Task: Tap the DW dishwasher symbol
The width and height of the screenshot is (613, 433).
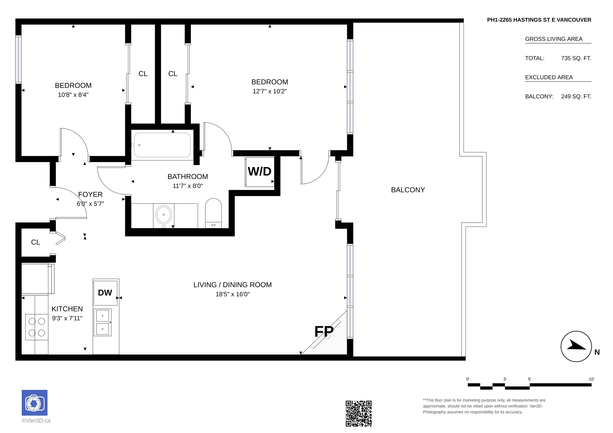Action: click(105, 293)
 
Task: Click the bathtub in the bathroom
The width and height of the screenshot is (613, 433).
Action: click(162, 145)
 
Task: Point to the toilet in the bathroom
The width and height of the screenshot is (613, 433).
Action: click(213, 213)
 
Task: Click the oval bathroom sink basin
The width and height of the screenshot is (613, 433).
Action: click(164, 215)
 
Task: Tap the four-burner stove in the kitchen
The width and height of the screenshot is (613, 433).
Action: click(37, 327)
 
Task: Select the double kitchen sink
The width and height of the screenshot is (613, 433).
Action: click(103, 322)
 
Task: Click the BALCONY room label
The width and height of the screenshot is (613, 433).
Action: click(408, 190)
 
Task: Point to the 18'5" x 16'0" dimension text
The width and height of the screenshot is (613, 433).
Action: click(232, 294)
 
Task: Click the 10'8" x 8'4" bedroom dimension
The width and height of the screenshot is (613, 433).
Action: click(73, 95)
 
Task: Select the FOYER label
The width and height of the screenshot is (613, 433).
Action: click(90, 195)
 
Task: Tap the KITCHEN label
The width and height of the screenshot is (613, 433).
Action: click(67, 309)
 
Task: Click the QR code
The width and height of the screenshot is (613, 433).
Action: click(359, 413)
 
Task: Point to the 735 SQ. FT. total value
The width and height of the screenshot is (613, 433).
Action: click(576, 58)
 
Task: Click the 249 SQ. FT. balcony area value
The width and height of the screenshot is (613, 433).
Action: click(576, 96)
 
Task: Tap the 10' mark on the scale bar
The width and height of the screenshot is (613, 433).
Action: click(591, 379)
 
